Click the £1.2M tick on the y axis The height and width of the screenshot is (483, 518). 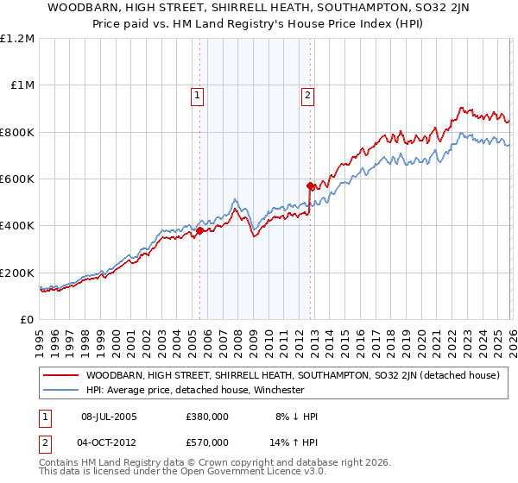click(17, 39)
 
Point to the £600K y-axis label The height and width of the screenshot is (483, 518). click(17, 179)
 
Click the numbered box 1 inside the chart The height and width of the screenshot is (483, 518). click(198, 97)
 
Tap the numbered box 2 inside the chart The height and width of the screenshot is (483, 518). click(307, 97)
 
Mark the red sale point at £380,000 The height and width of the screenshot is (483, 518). click(199, 230)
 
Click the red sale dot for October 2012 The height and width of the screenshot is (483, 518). click(309, 185)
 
